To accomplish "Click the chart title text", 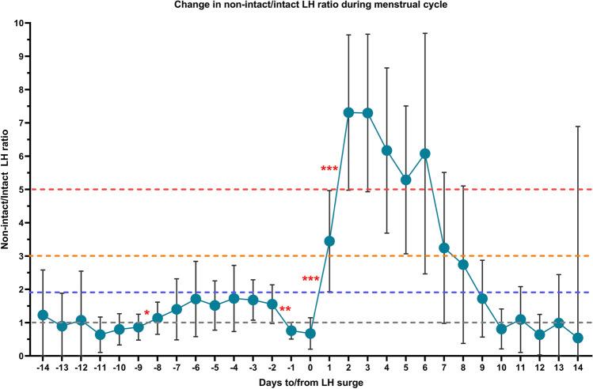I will tap(306, 7).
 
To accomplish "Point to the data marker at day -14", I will tap(43, 315).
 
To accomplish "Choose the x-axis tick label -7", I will tap(176, 368).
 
